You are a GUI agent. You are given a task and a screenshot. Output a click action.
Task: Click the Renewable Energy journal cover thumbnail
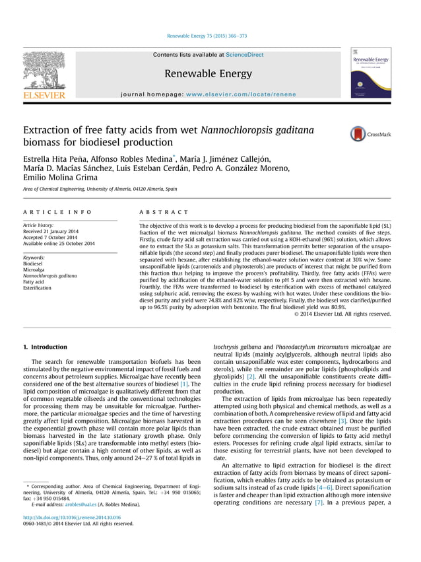point(371,73)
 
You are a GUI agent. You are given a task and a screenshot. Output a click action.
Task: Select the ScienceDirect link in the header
point(245,55)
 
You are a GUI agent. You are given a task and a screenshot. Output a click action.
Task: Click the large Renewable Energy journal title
point(208,73)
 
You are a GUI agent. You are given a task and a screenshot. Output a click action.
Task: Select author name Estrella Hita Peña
point(64,159)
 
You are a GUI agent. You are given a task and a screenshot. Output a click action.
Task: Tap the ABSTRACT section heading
point(164,212)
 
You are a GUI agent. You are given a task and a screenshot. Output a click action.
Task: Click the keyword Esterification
point(38,288)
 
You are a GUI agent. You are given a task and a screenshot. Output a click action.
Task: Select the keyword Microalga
point(34,269)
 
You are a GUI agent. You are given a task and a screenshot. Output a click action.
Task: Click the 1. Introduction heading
point(45,347)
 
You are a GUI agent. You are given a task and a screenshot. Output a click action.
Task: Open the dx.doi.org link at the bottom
point(71,517)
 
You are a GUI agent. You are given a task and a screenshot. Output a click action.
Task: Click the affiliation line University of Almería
point(100,189)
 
